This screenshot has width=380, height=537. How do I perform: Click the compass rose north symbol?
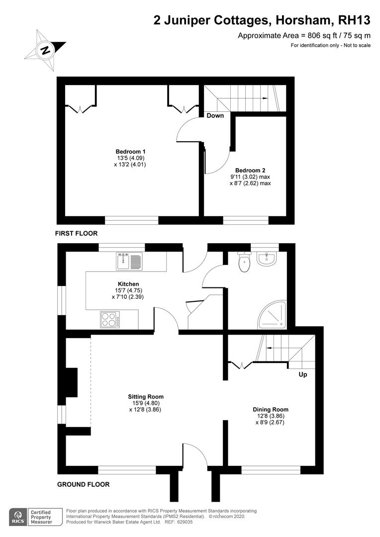point(45,50)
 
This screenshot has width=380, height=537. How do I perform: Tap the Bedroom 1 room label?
point(130,152)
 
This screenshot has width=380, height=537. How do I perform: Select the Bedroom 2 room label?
point(250,170)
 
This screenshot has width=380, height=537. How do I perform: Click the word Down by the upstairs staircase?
point(215,116)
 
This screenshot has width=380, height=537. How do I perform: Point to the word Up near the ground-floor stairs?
point(303,375)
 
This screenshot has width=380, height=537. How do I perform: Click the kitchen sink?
point(129,261)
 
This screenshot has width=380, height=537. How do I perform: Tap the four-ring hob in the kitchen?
point(110,320)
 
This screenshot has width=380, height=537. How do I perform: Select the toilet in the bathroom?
point(244,262)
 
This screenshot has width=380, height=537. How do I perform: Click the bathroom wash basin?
point(267,259)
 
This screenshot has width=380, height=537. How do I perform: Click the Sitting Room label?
point(146,397)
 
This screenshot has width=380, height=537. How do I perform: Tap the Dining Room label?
point(271,409)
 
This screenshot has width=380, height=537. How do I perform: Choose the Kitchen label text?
point(128,284)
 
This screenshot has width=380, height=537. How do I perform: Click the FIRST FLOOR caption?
point(77,233)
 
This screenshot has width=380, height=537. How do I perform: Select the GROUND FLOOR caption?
point(83,484)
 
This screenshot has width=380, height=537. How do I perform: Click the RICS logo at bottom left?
point(18,517)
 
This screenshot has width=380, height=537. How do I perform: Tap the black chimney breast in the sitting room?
point(71,382)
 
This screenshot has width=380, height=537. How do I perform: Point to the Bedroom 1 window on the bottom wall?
point(132,220)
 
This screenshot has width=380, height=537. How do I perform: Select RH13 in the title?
point(354,20)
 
